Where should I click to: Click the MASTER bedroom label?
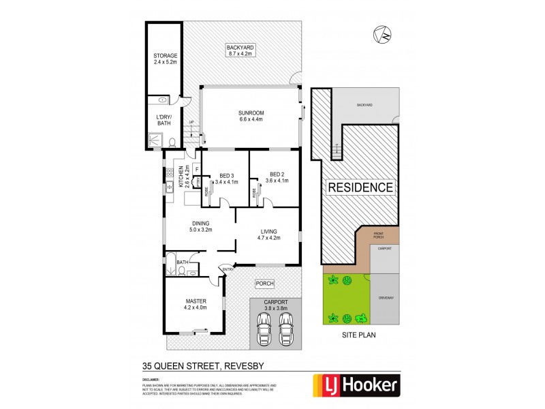pos(195,303)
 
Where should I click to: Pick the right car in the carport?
pos(285,331)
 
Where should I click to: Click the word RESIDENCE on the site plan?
pos(360,187)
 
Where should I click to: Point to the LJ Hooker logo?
pos(354,386)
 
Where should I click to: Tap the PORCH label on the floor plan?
pos(265,283)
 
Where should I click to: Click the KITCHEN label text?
pos(181,176)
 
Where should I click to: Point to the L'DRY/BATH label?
pos(165,121)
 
